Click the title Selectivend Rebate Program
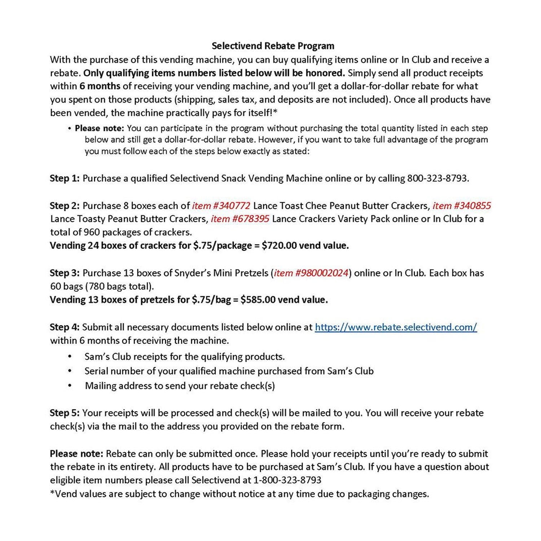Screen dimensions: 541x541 [x=273, y=46]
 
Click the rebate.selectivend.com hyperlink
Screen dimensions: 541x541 [x=396, y=327]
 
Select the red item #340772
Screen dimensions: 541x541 [x=221, y=206]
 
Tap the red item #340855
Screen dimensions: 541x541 [x=462, y=206]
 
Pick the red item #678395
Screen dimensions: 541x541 [x=240, y=219]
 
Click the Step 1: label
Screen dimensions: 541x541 [x=65, y=178]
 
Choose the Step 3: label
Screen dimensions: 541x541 [x=65, y=273]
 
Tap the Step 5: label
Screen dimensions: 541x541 [x=65, y=413]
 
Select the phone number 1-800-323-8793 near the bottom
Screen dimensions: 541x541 [x=287, y=480]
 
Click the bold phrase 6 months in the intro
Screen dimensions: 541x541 [x=100, y=86]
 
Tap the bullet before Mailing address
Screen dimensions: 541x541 [x=70, y=386]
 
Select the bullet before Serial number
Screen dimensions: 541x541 [x=70, y=371]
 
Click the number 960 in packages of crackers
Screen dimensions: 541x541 [x=91, y=232]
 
